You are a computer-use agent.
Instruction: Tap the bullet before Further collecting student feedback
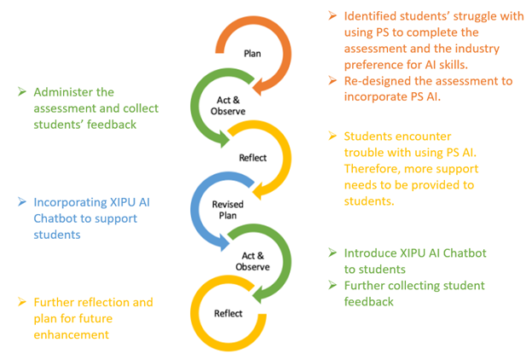click(x=333, y=286)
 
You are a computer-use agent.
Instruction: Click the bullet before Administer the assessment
click(x=23, y=92)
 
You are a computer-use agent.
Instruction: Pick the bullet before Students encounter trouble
click(x=333, y=137)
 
